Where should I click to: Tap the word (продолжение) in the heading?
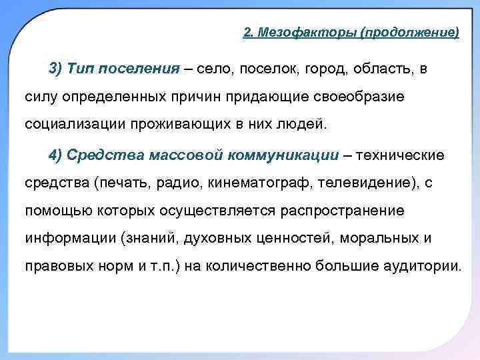coord(410,33)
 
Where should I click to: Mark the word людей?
coord(293,124)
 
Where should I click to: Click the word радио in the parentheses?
coord(180,183)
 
